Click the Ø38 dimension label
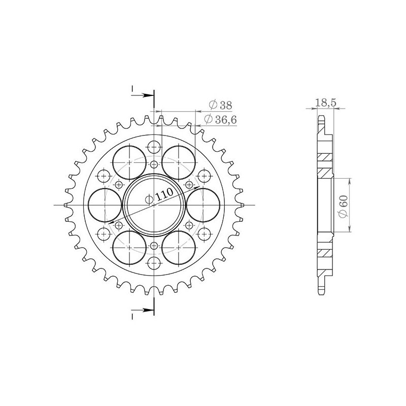click(x=220, y=105)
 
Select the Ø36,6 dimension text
click(x=219, y=119)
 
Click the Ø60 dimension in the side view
click(x=343, y=205)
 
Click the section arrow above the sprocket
click(x=143, y=95)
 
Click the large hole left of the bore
click(x=105, y=205)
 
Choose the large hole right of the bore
click(x=204, y=205)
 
